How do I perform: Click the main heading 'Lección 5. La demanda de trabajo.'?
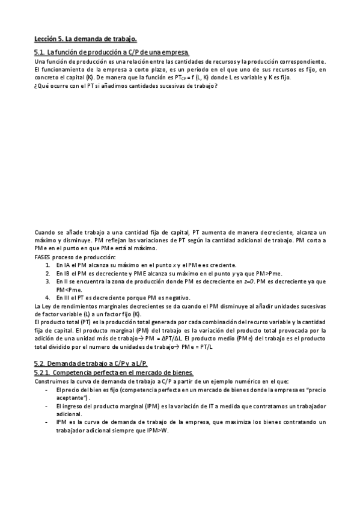[x=86, y=39]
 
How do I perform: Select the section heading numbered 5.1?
[x=112, y=54]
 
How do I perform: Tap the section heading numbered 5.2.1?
[x=114, y=373]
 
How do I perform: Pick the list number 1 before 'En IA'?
[x=48, y=265]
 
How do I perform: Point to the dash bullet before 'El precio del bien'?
[x=47, y=390]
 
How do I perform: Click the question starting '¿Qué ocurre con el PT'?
[x=126, y=86]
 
